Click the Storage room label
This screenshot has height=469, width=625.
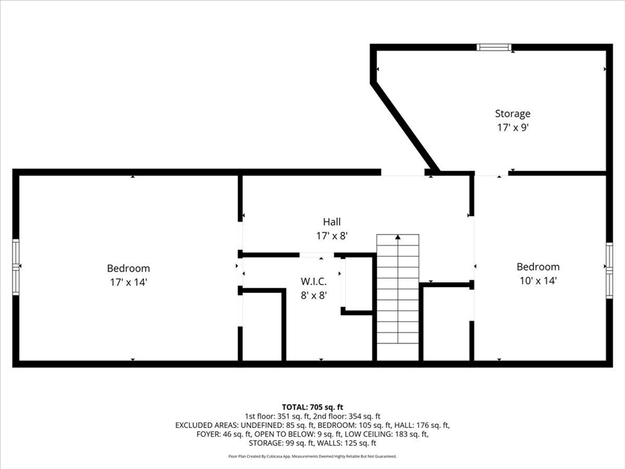coord(512,113)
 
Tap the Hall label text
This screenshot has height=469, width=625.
coord(332,222)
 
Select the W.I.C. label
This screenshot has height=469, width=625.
coord(314,282)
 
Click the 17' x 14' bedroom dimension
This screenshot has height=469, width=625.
coord(128,282)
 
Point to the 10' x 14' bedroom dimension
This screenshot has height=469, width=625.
coord(538,281)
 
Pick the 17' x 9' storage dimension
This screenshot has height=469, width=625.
coord(512,128)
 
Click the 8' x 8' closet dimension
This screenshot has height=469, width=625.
coord(314,296)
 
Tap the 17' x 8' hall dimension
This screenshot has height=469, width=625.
coord(332,235)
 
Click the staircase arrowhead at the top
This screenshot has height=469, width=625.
coord(398,237)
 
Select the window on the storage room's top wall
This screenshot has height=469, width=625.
coord(494,47)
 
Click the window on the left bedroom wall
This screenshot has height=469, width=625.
coord(16,267)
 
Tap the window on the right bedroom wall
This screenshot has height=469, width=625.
coord(609,270)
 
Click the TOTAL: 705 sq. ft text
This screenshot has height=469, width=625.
coord(312,407)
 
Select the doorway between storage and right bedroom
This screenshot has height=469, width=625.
coord(490,174)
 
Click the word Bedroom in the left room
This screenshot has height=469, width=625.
coord(128,268)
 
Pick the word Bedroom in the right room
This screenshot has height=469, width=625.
coord(538,267)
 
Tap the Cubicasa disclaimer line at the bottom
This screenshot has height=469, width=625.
coord(312,456)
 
